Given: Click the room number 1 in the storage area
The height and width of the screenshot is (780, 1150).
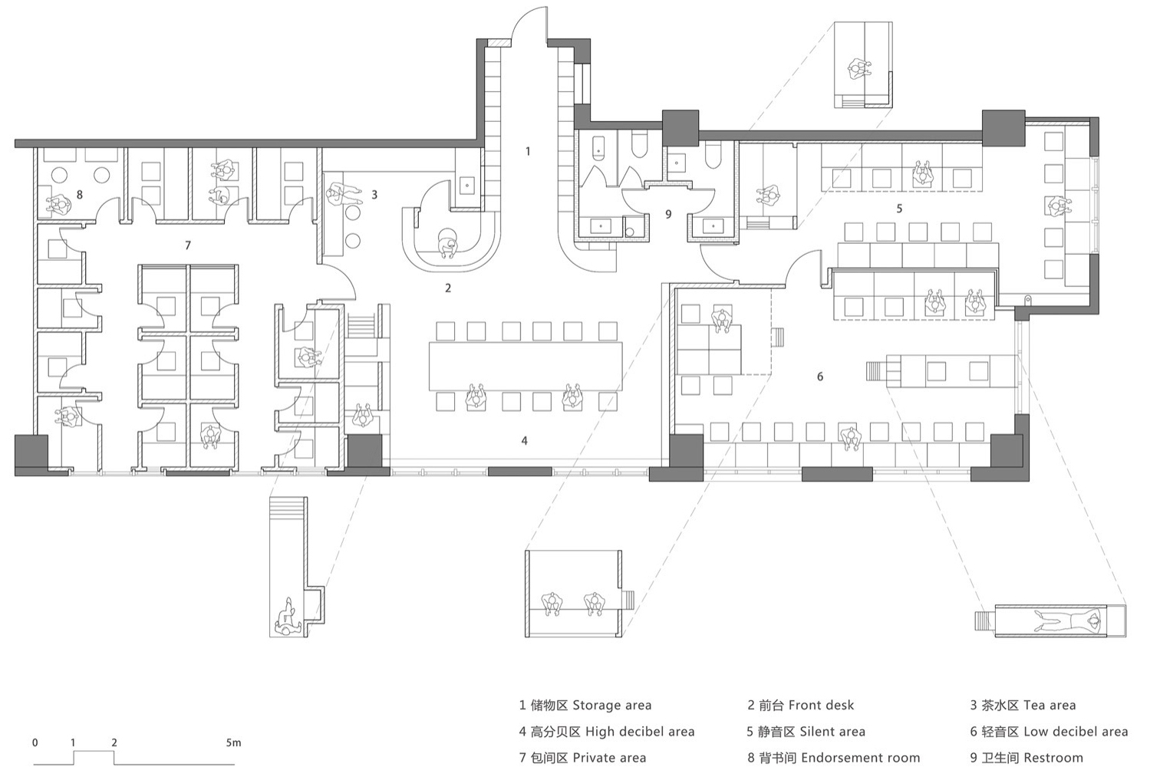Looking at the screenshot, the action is [x=528, y=151].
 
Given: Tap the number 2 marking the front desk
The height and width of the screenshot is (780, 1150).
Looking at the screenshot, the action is [x=448, y=288].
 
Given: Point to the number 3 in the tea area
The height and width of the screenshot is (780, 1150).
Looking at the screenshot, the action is [x=374, y=195].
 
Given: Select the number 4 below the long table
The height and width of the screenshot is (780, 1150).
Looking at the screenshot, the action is [x=524, y=440].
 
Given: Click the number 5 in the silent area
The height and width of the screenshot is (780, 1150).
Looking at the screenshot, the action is [x=899, y=209].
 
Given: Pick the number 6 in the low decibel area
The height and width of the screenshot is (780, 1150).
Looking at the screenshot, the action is [x=820, y=377].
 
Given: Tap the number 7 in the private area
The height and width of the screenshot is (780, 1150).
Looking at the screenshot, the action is [x=188, y=245].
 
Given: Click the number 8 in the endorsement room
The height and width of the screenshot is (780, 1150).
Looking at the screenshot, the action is [x=80, y=195].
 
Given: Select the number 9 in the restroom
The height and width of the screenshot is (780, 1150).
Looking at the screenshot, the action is [x=668, y=215].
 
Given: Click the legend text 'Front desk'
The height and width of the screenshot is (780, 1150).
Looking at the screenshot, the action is [x=821, y=705].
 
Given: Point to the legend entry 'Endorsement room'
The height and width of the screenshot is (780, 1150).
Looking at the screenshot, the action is [x=860, y=758].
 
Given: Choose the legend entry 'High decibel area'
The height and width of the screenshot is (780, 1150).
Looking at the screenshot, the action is [x=640, y=731].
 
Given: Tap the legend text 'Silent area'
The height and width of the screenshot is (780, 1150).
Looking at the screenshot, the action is [x=832, y=731].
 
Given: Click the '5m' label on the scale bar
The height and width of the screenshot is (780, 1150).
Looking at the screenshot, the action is [x=233, y=742].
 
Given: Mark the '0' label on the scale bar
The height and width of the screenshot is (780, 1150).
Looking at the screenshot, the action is [x=35, y=742].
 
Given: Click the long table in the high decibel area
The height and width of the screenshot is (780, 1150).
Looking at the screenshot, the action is [x=526, y=367].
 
